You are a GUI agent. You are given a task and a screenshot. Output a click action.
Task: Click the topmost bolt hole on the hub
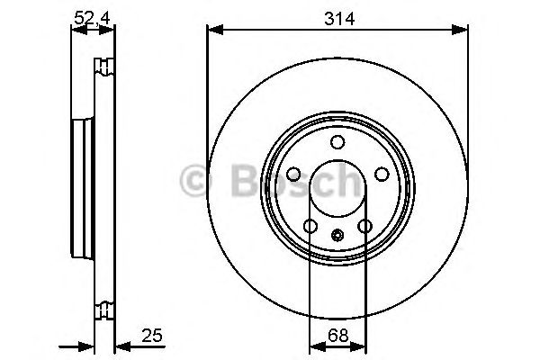point(337,142)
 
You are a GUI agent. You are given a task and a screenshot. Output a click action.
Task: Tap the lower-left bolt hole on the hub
point(310,226)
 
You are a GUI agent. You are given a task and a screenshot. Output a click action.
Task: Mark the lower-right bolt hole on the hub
point(364,226)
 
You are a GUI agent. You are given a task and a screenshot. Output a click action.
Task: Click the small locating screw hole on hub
point(337,237)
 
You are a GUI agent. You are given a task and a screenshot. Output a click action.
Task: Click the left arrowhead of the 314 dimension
point(213,31)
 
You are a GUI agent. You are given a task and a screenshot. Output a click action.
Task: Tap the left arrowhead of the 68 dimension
point(315,346)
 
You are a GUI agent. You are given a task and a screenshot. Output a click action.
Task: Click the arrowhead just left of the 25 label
point(121,346)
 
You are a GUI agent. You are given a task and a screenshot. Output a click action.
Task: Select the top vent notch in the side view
point(104,65)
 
